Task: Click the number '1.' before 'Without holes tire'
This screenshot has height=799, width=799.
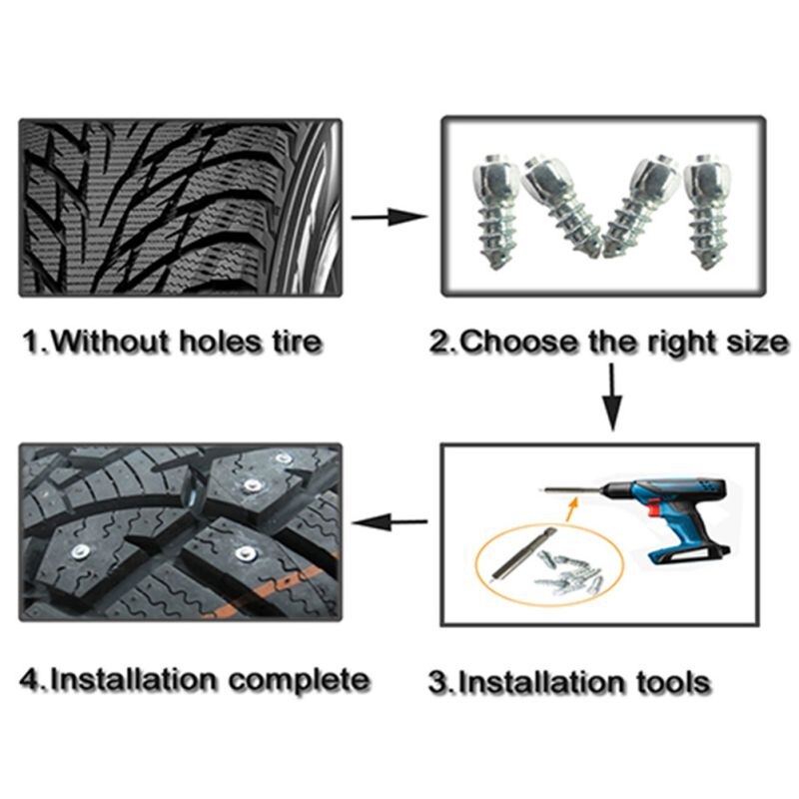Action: point(36,342)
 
